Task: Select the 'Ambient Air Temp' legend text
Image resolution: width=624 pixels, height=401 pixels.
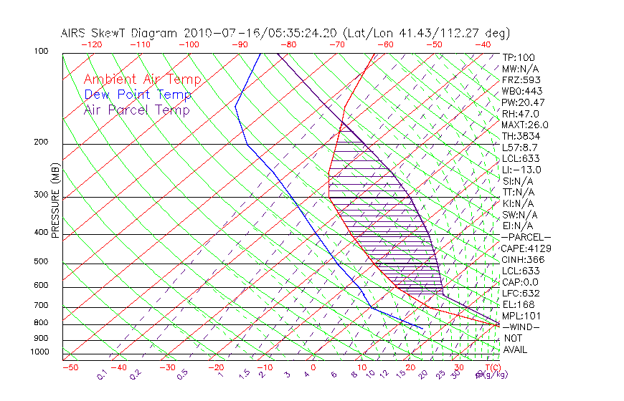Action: pyautogui.click(x=142, y=79)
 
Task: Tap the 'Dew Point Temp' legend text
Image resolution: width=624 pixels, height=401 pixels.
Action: pyautogui.click(x=137, y=95)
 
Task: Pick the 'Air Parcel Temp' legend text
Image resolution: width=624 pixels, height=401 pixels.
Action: pyautogui.click(x=136, y=110)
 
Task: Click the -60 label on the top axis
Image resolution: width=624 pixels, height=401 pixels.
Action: pyautogui.click(x=385, y=44)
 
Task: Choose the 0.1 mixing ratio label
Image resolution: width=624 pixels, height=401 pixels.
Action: pyautogui.click(x=102, y=375)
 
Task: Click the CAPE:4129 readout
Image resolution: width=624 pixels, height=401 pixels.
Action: pyautogui.click(x=526, y=248)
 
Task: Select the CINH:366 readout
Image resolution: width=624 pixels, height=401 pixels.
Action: pyautogui.click(x=524, y=259)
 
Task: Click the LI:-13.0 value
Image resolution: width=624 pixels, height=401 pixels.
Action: pyautogui.click(x=522, y=170)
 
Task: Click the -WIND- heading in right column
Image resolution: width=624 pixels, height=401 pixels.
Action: pyautogui.click(x=521, y=327)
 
